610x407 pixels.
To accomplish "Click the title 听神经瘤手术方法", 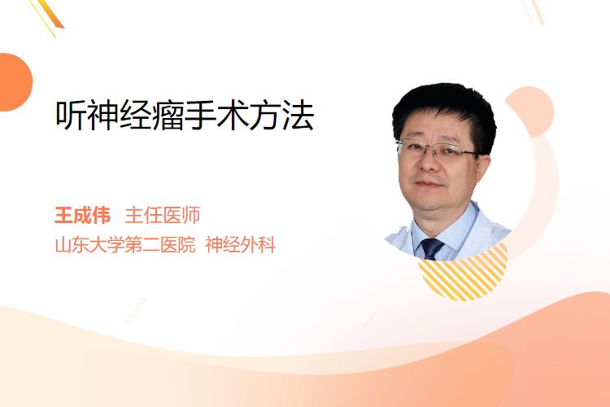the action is pyautogui.click(x=185, y=116).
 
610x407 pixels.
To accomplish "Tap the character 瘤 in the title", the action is pyautogui.click(x=168, y=116).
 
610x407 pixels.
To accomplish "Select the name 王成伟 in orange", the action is pyautogui.click(x=82, y=215).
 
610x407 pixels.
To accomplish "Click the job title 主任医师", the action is pyautogui.click(x=162, y=215).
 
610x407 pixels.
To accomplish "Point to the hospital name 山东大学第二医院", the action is pyautogui.click(x=125, y=245).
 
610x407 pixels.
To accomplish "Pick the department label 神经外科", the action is pyautogui.click(x=241, y=245).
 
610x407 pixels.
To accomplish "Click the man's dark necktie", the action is pyautogui.click(x=431, y=248).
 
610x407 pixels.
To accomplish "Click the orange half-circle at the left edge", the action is pyautogui.click(x=15, y=82).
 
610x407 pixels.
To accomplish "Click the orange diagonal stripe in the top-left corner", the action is pyautogui.click(x=50, y=15).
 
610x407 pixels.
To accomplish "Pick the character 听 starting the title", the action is pyautogui.click(x=72, y=116).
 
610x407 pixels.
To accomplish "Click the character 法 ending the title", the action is pyautogui.click(x=298, y=116).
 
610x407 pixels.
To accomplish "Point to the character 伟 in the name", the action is pyautogui.click(x=101, y=215).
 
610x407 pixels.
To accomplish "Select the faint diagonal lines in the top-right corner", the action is pyautogui.click(x=534, y=11).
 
